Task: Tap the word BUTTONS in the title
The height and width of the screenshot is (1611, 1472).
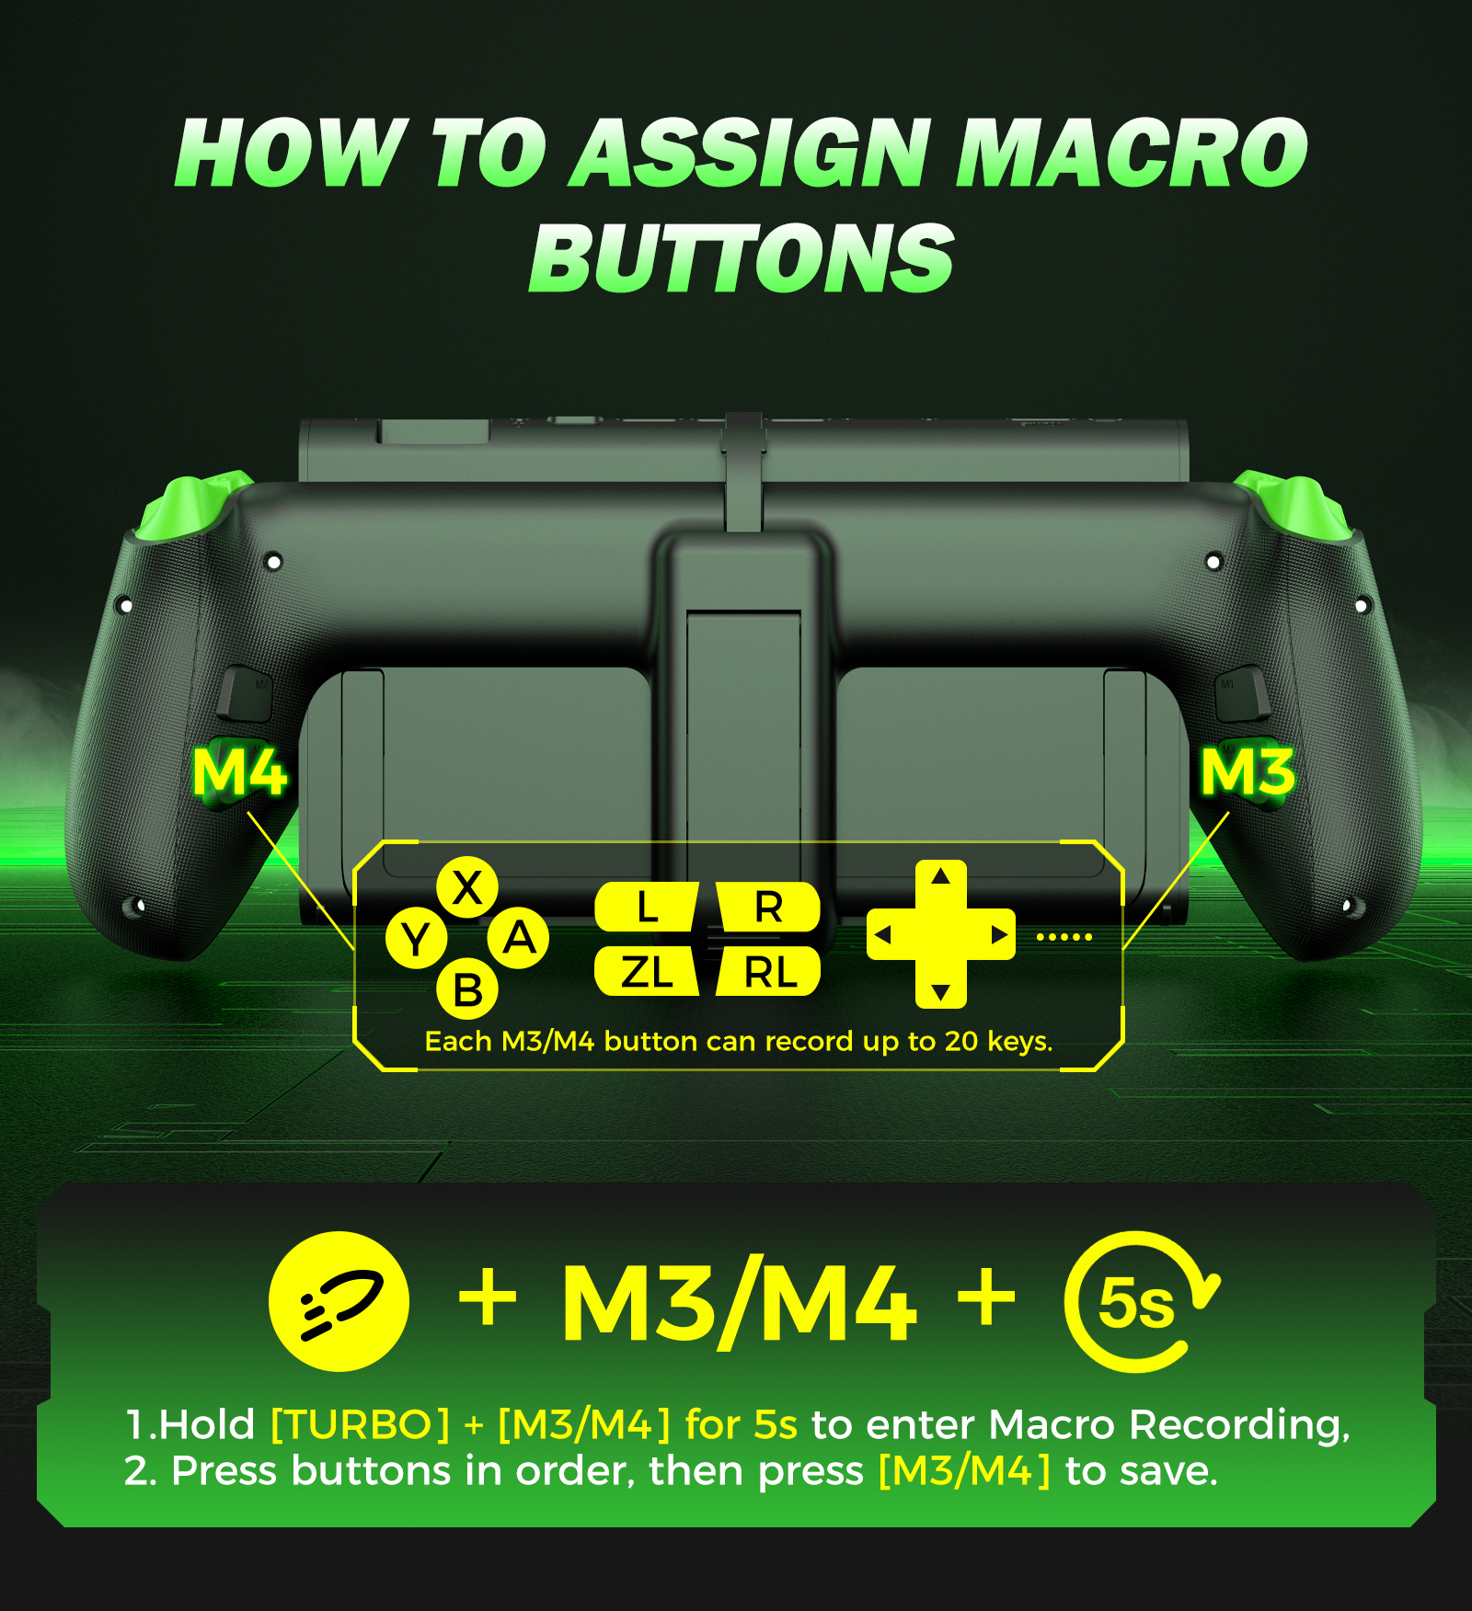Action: [x=742, y=259]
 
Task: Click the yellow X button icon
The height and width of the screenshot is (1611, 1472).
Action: [x=467, y=888]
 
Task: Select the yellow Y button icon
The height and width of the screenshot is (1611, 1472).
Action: [x=416, y=939]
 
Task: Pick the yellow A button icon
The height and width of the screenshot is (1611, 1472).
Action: [x=519, y=939]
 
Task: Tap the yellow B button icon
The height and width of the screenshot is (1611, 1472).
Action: [x=467, y=990]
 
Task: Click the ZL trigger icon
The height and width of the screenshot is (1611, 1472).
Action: [x=647, y=972]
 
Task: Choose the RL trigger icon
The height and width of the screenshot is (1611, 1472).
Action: [x=768, y=972]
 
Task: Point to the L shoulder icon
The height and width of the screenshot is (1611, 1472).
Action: [x=647, y=908]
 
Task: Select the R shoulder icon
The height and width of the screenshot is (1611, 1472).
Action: [x=768, y=908]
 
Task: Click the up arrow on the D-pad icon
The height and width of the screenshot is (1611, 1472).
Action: [x=940, y=876]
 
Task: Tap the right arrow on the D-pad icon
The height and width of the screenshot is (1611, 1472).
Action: [x=999, y=935]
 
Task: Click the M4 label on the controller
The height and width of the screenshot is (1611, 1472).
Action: [x=239, y=772]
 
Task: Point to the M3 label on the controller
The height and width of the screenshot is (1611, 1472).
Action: [x=1248, y=772]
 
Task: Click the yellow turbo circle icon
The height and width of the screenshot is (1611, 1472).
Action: [x=339, y=1301]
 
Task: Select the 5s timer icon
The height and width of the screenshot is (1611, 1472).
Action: [x=1139, y=1302]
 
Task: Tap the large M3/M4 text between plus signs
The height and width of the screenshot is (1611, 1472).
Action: [x=739, y=1303]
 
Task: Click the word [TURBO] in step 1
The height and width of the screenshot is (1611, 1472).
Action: [x=361, y=1425]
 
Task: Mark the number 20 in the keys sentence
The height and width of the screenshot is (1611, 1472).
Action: [x=961, y=1041]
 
